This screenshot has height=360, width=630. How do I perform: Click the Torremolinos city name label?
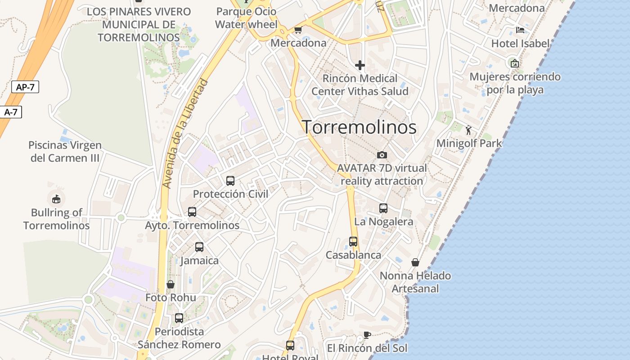[x=359, y=127]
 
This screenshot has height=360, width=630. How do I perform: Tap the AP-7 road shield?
[x=25, y=87]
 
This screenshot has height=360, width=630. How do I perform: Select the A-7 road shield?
[x=11, y=112]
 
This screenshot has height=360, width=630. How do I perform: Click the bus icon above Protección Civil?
[x=230, y=181]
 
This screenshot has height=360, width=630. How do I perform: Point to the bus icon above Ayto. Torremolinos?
[x=192, y=212]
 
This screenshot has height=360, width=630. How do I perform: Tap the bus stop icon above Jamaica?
[x=199, y=247]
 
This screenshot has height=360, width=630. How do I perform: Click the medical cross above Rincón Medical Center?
[x=360, y=66]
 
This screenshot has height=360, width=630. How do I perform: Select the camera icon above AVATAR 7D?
[x=382, y=155]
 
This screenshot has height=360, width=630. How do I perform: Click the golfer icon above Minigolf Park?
[x=469, y=130]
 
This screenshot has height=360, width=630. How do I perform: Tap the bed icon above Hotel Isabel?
[x=520, y=31]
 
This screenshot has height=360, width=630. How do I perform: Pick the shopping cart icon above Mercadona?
[x=298, y=30]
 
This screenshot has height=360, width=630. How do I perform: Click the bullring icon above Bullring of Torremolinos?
[x=56, y=198]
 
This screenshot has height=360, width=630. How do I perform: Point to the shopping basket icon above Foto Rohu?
[x=171, y=284]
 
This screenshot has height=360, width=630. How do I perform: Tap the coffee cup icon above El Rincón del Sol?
[x=367, y=335]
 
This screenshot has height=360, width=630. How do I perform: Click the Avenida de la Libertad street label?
[x=185, y=134]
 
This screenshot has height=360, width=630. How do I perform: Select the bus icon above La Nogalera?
[x=383, y=208]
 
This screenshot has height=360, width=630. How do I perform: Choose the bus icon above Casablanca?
[x=353, y=242]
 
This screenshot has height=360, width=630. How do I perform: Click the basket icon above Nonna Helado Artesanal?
[x=415, y=262]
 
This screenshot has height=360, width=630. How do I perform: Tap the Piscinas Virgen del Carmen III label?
[x=65, y=152]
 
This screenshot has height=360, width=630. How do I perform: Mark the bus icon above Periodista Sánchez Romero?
[x=179, y=318]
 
